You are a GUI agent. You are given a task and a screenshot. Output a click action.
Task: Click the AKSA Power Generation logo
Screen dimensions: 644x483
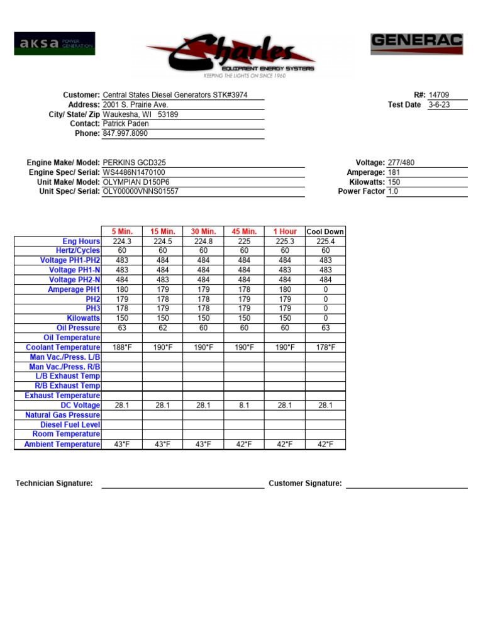(54, 43)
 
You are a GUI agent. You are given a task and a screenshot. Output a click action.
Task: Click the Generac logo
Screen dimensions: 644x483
(416, 44)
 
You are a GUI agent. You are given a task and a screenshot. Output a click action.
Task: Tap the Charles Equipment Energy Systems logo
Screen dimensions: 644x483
(231, 57)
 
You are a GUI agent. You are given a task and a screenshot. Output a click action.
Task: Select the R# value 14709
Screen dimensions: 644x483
(439, 95)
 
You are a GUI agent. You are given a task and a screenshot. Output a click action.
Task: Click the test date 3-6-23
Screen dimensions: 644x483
(439, 105)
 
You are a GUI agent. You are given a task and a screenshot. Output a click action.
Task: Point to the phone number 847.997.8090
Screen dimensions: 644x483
(125, 134)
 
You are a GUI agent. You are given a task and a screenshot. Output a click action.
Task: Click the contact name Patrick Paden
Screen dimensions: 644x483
(126, 124)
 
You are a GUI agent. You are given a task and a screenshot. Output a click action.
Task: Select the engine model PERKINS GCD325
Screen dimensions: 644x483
(135, 163)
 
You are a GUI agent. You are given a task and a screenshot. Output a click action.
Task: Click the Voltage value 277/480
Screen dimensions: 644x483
(401, 163)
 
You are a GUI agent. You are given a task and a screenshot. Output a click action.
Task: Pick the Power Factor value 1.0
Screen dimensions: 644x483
(393, 191)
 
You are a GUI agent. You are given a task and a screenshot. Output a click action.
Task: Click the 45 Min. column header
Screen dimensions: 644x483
(244, 231)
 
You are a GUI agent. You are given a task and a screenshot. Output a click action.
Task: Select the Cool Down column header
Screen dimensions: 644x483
(325, 231)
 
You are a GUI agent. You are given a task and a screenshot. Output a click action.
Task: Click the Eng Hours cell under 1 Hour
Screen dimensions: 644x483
(285, 241)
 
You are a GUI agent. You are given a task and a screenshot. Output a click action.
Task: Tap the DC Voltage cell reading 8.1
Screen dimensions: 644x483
(244, 406)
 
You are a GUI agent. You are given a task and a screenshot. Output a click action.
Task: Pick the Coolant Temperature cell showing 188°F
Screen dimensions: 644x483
(122, 348)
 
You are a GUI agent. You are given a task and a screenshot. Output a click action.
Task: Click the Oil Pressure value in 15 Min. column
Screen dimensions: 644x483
(163, 328)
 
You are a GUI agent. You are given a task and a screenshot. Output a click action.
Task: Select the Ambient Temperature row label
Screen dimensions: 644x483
(62, 445)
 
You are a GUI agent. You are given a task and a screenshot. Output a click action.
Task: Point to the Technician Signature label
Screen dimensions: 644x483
(54, 484)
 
